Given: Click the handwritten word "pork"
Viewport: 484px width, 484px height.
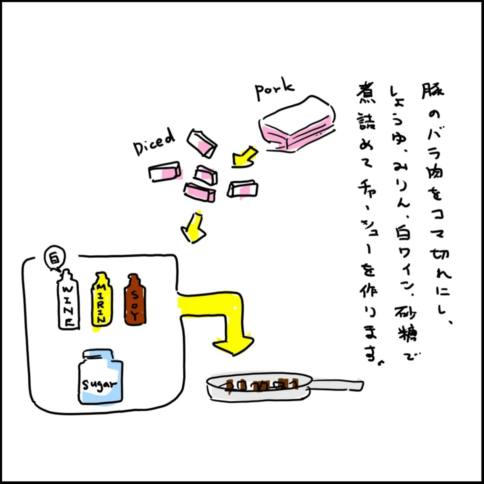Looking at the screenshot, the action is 274,90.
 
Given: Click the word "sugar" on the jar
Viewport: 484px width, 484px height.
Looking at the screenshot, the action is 100,386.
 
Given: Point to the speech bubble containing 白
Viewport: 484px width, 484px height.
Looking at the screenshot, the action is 55,259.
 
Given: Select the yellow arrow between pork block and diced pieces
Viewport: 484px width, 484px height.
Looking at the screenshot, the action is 244,157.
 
